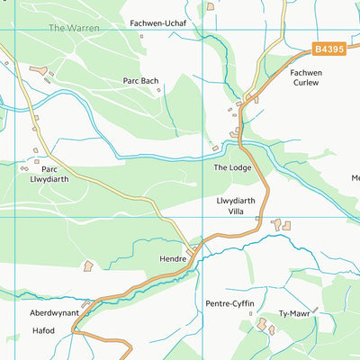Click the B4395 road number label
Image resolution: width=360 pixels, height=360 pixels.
[x=329, y=49]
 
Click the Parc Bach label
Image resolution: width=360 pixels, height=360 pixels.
[x=140, y=81]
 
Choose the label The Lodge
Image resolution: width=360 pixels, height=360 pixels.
[x=232, y=167]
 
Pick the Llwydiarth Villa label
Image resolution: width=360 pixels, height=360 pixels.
[x=236, y=205]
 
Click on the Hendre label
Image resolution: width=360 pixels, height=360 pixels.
[x=173, y=258]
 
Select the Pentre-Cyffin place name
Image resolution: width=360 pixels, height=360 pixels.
[x=230, y=304]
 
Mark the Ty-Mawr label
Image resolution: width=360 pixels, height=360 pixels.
[x=294, y=312]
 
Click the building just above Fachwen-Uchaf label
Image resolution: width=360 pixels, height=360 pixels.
[x=211, y=7]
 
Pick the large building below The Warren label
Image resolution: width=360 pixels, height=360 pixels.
[x=39, y=69]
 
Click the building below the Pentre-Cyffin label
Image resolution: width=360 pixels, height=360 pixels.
[x=263, y=324]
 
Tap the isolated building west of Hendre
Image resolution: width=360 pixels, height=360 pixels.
[x=88, y=265]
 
